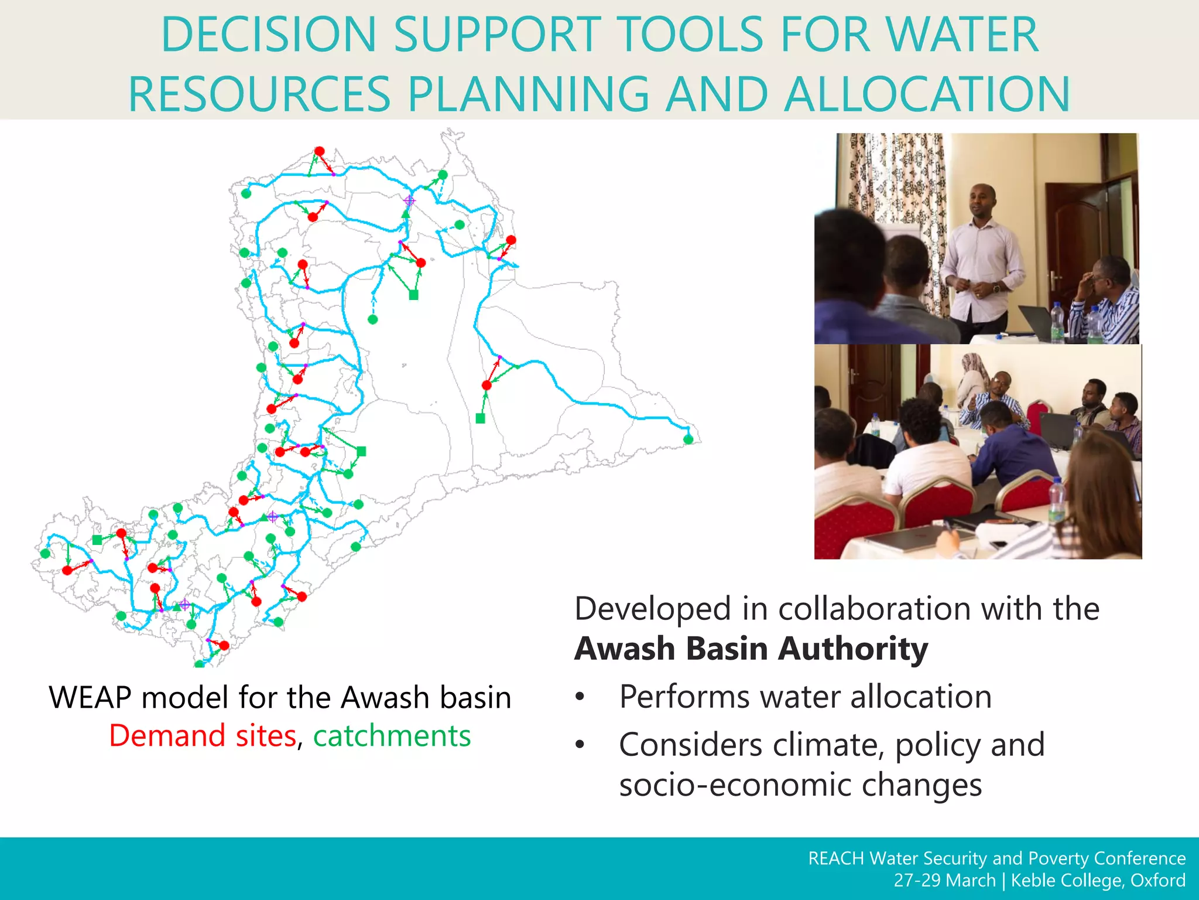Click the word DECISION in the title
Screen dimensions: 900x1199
click(x=268, y=35)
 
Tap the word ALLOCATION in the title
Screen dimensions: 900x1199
click(x=927, y=95)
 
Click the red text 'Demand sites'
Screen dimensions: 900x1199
click(x=203, y=736)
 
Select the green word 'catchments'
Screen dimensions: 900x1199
click(x=392, y=736)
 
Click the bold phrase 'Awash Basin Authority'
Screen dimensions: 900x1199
click(x=751, y=649)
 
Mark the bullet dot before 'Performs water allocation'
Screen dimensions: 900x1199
click(x=580, y=697)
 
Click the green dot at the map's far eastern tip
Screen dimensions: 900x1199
click(x=688, y=439)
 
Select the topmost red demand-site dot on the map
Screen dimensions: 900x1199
click(x=319, y=151)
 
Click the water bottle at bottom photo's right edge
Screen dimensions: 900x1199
click(x=1056, y=498)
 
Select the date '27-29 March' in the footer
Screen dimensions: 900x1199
click(x=944, y=881)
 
